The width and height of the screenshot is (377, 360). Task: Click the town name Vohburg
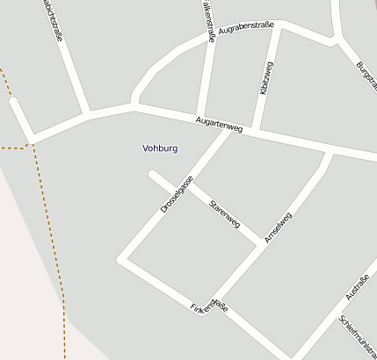[160, 148]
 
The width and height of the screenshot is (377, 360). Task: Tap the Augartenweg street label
[219, 124]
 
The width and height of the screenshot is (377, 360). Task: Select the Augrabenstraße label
[245, 28]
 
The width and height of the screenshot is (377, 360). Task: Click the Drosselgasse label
[177, 195]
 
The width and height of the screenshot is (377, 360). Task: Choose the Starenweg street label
[224, 213]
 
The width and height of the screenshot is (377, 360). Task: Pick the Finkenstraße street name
[209, 308]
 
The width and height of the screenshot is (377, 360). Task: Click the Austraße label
[357, 287]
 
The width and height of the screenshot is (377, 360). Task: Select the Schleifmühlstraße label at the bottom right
[359, 336]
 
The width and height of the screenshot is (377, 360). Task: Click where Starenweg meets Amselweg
[260, 243]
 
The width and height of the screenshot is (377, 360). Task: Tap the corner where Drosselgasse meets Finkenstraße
[124, 259]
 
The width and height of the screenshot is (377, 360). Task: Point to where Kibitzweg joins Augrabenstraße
[280, 25]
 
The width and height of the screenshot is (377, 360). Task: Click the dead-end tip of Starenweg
[153, 176]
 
